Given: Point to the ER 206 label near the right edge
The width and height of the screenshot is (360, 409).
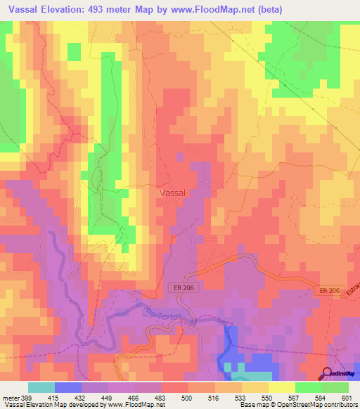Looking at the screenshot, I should coord(327,291).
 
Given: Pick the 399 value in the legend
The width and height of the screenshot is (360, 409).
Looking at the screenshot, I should coord(27,398).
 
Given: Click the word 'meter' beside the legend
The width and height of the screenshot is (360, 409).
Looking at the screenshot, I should coord(11,398).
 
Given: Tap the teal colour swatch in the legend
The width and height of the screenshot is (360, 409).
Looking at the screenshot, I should coord(41,387).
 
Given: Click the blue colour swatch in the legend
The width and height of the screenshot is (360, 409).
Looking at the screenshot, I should coord(68,387).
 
